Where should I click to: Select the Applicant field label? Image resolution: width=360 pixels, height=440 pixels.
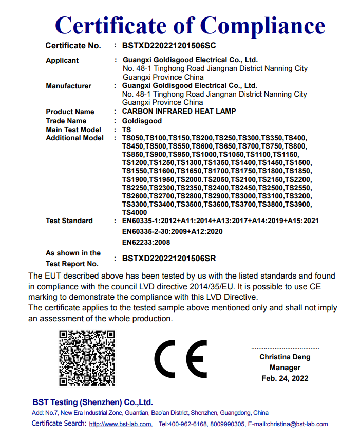point(62,60)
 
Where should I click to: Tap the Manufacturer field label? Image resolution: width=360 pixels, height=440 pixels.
point(68,86)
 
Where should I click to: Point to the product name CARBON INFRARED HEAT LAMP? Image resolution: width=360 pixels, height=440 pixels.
point(179,112)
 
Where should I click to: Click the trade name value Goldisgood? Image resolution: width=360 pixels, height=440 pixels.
point(142,121)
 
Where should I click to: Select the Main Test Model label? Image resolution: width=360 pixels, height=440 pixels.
point(73,130)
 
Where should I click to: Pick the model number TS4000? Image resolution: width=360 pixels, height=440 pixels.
point(135,212)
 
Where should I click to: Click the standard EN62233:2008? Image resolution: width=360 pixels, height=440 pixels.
point(146,242)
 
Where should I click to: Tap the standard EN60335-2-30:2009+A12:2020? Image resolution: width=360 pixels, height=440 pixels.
point(172,231)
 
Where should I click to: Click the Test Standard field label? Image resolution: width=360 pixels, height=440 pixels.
point(69,221)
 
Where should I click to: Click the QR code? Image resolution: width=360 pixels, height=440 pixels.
point(87,358)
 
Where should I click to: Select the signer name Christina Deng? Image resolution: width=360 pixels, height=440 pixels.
point(285,357)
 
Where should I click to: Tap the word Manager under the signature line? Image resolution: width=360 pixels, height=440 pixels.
point(285,368)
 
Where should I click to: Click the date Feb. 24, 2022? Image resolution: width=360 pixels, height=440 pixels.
point(285,378)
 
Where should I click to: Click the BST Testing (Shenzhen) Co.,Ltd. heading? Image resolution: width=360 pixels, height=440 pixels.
point(92,402)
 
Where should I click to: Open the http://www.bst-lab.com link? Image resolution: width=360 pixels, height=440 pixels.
point(120,424)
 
